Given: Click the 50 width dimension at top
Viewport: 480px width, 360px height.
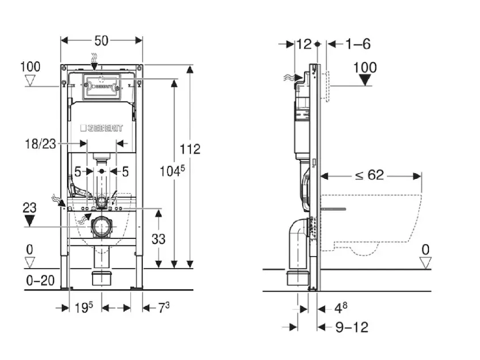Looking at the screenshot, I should (101, 41).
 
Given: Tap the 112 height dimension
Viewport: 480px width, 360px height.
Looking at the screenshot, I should (190, 149).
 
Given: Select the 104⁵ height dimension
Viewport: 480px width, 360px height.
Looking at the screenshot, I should (171, 171).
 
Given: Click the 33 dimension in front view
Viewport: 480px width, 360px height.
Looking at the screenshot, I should (158, 238).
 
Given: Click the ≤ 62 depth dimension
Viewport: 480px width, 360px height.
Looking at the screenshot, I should (368, 175).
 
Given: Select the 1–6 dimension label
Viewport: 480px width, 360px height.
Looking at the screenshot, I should (358, 44).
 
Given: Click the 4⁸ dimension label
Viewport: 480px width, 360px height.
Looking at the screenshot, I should (341, 308).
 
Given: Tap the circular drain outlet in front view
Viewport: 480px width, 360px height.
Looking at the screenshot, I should (101, 227).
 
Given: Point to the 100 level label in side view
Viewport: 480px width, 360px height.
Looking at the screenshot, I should (365, 67).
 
